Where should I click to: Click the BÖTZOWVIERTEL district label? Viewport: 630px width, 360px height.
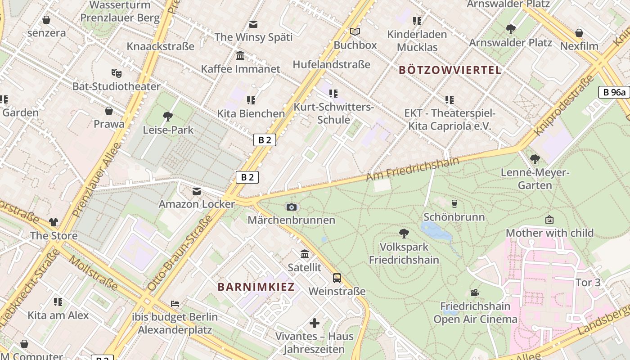click(450, 70)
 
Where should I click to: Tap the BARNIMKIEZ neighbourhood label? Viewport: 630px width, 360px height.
click(256, 287)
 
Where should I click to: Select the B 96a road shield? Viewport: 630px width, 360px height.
click(614, 92)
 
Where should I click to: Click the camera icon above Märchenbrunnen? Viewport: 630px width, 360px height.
click(292, 207)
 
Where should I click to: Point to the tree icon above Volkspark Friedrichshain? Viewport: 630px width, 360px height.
click(404, 234)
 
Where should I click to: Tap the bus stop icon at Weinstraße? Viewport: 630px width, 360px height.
click(337, 278)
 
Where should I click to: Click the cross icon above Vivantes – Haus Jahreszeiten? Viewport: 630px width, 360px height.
click(315, 323)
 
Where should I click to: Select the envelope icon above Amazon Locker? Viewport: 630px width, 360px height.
click(197, 191)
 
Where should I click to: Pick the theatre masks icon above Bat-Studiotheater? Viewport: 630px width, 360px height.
click(116, 73)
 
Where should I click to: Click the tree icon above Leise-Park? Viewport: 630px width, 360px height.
click(168, 117)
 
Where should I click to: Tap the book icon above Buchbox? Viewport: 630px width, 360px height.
click(355, 32)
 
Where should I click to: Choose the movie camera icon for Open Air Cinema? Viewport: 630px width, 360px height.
click(475, 293)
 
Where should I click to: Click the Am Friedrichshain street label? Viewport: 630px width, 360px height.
click(413, 169)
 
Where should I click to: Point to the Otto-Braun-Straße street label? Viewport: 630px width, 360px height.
click(180, 252)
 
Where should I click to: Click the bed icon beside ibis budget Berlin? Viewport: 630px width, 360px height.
click(175, 304)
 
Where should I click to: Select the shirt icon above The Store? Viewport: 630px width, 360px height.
click(54, 222)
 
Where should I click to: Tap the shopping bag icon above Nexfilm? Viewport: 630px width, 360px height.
click(579, 33)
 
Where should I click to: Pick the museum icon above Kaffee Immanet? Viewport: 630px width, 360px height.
click(240, 56)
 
